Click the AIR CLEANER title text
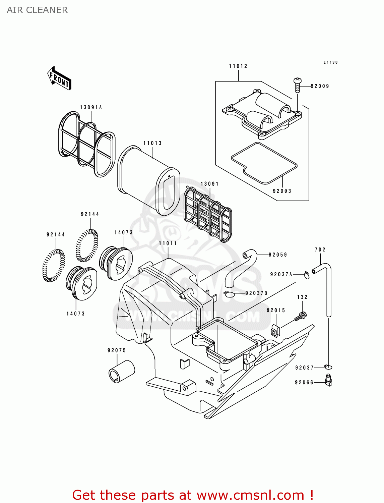(37, 10)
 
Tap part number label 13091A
(91, 107)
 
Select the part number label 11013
(152, 143)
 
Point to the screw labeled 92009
(298, 86)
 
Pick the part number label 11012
(238, 66)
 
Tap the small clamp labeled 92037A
(307, 275)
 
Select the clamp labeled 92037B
(230, 294)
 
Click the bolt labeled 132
(301, 316)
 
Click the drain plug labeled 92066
(328, 381)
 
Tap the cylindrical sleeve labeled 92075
(121, 371)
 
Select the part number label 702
(320, 249)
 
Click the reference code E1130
(330, 62)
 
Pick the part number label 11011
(168, 243)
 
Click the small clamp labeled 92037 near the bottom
(328, 367)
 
